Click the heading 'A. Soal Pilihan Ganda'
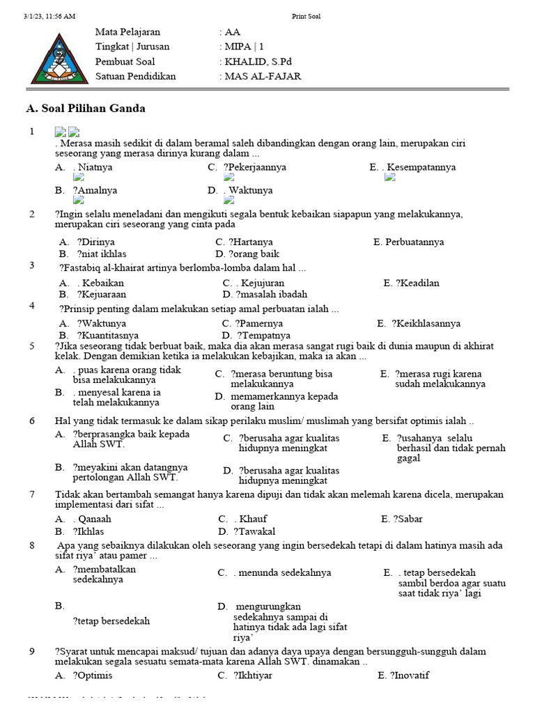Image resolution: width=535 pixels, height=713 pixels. click(85, 109)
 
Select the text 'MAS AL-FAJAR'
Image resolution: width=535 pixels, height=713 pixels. click(263, 76)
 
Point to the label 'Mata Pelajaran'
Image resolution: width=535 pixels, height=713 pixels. click(127, 32)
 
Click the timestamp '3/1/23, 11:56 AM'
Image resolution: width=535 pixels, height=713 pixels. click(49, 16)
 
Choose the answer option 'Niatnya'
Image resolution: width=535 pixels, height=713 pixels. click(95, 167)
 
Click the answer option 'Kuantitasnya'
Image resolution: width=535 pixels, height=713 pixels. click(107, 335)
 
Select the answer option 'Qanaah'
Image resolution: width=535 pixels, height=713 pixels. click(94, 519)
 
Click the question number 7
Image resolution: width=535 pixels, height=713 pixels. click(32, 494)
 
